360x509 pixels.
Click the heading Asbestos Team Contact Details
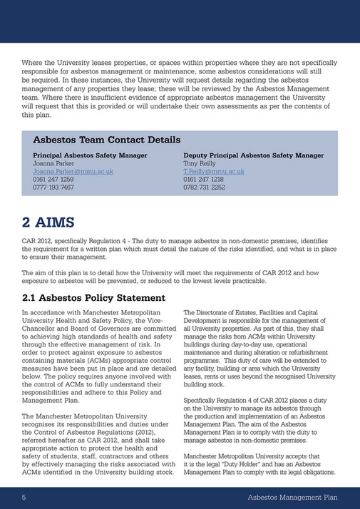point(106,140)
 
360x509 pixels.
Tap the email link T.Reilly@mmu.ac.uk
point(214,172)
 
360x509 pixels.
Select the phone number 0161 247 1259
point(53,180)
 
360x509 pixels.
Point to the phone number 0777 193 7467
point(53,187)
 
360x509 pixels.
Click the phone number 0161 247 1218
point(204,180)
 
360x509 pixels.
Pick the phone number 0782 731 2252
point(204,187)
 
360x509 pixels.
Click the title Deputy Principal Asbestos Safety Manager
point(253,155)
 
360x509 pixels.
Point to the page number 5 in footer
point(24,497)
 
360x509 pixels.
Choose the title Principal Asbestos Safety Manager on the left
point(91,155)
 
